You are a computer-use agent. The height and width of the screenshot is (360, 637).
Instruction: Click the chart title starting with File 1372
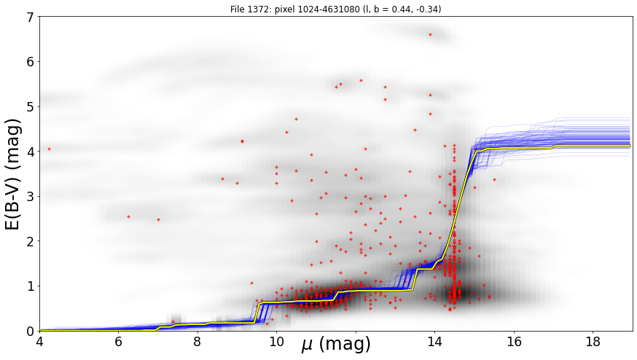point(335,9)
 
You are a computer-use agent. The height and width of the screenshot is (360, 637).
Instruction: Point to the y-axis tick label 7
point(31,17)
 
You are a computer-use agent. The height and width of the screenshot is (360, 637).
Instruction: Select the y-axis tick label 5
point(31,107)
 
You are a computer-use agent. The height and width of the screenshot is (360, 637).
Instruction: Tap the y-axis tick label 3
point(31,197)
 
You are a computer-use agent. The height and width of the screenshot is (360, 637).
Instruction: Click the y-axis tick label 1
point(31,286)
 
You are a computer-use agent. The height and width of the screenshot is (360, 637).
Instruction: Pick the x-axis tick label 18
point(593,342)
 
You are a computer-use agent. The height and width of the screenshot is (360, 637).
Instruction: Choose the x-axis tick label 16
point(515,342)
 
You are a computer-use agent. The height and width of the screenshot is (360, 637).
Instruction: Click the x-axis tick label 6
point(118,342)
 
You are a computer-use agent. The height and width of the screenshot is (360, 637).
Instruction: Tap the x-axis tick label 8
point(198,342)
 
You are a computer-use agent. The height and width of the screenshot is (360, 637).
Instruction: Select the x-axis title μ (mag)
point(336,345)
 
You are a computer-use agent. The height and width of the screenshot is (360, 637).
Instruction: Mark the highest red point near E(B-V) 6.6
point(430,34)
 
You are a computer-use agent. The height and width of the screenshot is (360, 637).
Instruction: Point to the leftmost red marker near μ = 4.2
point(49,149)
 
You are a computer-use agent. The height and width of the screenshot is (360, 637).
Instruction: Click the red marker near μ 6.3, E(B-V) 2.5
point(129,217)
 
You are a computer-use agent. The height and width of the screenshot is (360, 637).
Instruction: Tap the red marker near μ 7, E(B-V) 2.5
point(158,220)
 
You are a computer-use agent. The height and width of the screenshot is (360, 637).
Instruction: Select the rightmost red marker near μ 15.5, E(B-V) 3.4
point(494,179)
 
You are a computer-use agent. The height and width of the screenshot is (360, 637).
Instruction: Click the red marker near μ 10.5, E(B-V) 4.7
point(296,119)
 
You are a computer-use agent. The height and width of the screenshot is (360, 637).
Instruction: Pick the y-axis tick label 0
point(31,332)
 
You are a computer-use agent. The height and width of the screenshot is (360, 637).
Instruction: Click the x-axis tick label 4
point(39,342)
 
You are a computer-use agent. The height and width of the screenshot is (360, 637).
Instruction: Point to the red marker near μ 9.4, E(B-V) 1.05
point(251,283)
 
